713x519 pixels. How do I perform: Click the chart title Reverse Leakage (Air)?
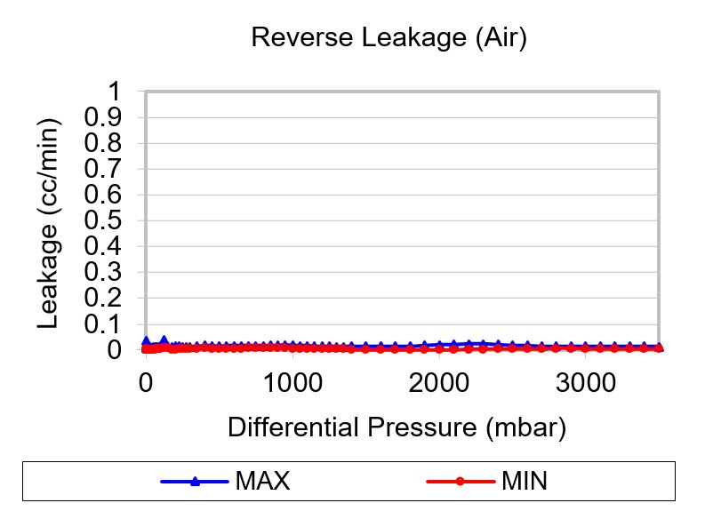click(389, 38)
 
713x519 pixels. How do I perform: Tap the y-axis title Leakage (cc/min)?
click(49, 222)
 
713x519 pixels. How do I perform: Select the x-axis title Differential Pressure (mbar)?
click(397, 427)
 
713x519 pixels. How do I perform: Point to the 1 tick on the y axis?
click(114, 92)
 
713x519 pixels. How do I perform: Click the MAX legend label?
click(262, 482)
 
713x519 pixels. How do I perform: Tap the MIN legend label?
click(525, 482)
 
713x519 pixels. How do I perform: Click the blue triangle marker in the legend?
click(195, 482)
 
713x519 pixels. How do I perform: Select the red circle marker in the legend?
click(460, 482)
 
